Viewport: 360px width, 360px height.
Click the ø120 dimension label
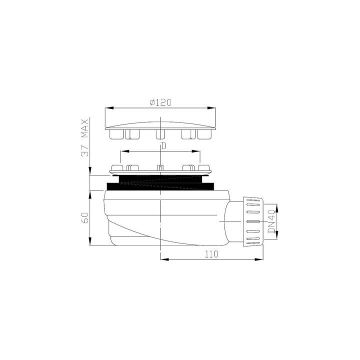point(160,102)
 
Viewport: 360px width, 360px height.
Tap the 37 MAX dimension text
point(85,138)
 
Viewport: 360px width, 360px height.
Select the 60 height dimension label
point(85,218)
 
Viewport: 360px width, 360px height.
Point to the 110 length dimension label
point(211,254)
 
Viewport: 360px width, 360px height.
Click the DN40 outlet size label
point(271,221)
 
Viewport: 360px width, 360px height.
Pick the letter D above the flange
point(163,146)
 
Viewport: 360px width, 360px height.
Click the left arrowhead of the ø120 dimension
point(109,108)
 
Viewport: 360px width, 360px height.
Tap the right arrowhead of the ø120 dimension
point(211,108)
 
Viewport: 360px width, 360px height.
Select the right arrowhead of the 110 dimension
point(259,259)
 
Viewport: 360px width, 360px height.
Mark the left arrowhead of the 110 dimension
point(164,259)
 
